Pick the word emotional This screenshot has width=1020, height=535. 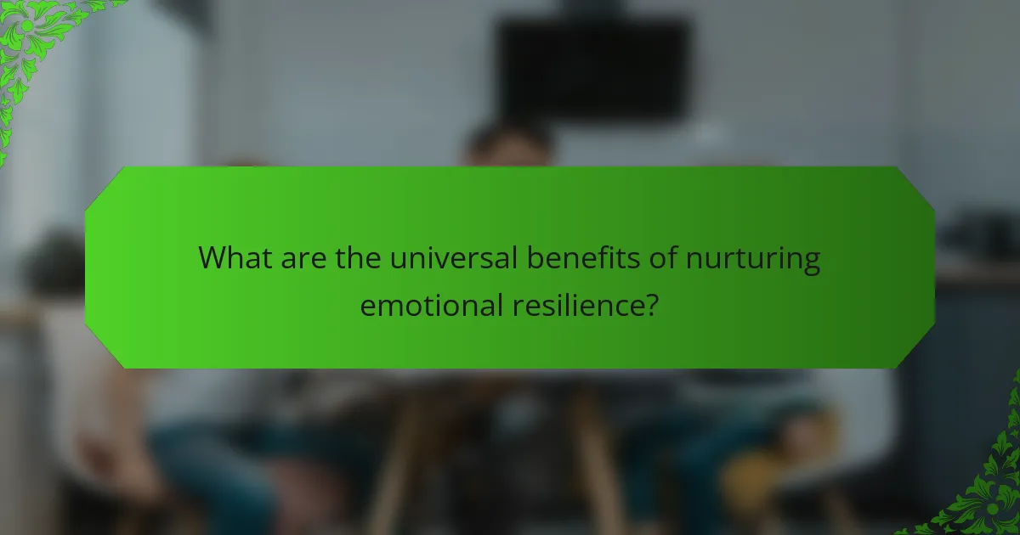(x=431, y=305)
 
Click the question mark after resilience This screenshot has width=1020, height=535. (x=651, y=305)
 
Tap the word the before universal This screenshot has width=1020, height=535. (x=359, y=257)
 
